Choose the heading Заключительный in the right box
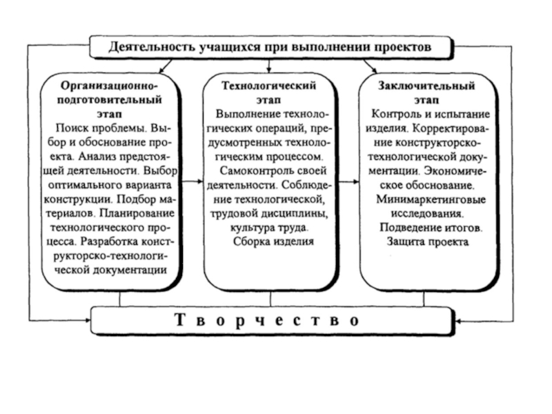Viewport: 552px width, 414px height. (426, 86)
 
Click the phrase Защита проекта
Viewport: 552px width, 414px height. (426, 241)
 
